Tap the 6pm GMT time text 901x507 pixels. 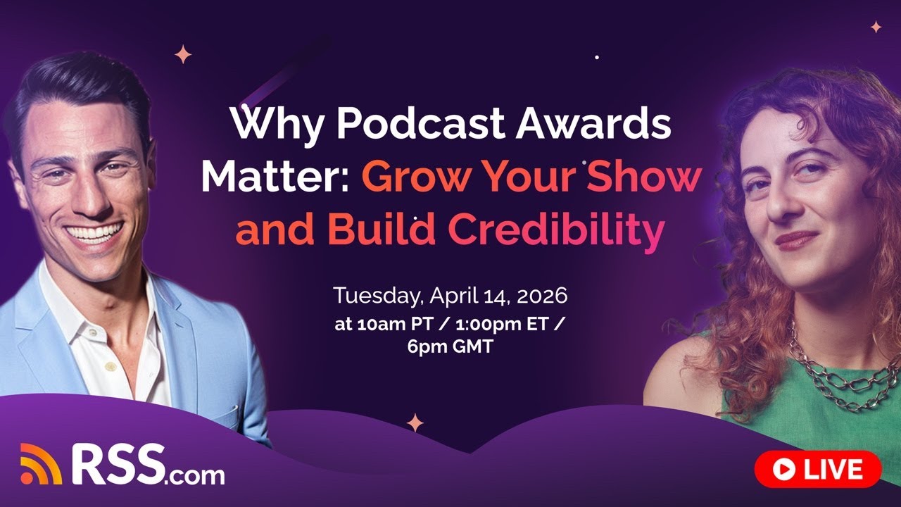pyautogui.click(x=450, y=348)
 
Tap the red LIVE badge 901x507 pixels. pyautogui.click(x=817, y=469)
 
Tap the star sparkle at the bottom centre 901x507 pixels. pyautogui.click(x=415, y=423)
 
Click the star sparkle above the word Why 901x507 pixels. pyautogui.click(x=183, y=54)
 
